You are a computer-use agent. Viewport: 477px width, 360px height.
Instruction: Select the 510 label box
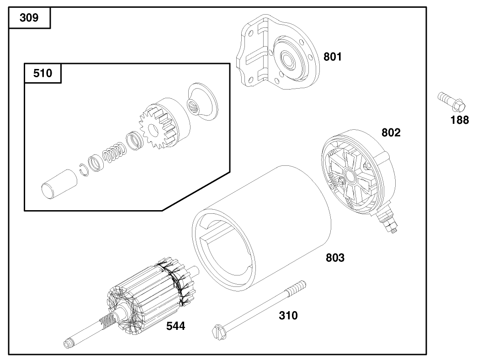click(42, 73)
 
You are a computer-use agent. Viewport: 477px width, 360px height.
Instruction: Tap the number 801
click(333, 57)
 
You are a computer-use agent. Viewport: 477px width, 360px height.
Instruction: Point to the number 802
click(391, 133)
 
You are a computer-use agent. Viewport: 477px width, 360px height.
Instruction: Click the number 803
click(335, 258)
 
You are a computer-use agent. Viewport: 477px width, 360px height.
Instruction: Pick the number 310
click(288, 315)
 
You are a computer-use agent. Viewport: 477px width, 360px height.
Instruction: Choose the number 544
click(175, 326)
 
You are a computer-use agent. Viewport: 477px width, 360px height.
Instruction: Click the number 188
click(459, 120)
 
